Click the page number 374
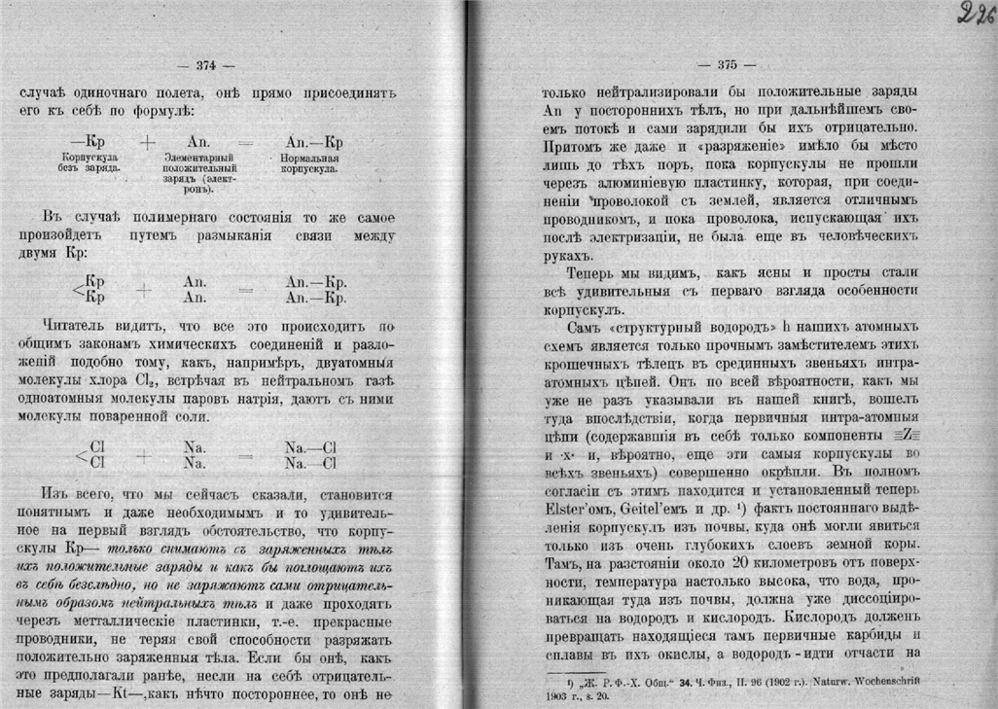[x=205, y=66]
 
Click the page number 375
[x=728, y=66]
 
